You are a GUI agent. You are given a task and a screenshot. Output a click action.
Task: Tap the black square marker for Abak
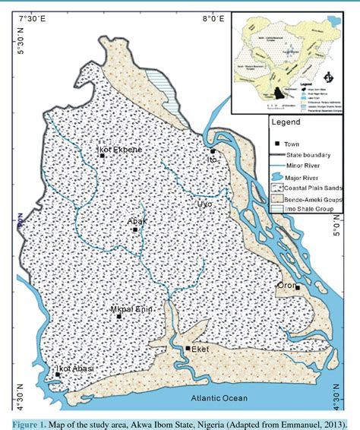134,229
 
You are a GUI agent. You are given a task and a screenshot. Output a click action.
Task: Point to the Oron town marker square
298,287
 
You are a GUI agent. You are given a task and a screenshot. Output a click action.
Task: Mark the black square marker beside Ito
213,152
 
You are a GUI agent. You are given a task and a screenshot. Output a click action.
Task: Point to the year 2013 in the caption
332,422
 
